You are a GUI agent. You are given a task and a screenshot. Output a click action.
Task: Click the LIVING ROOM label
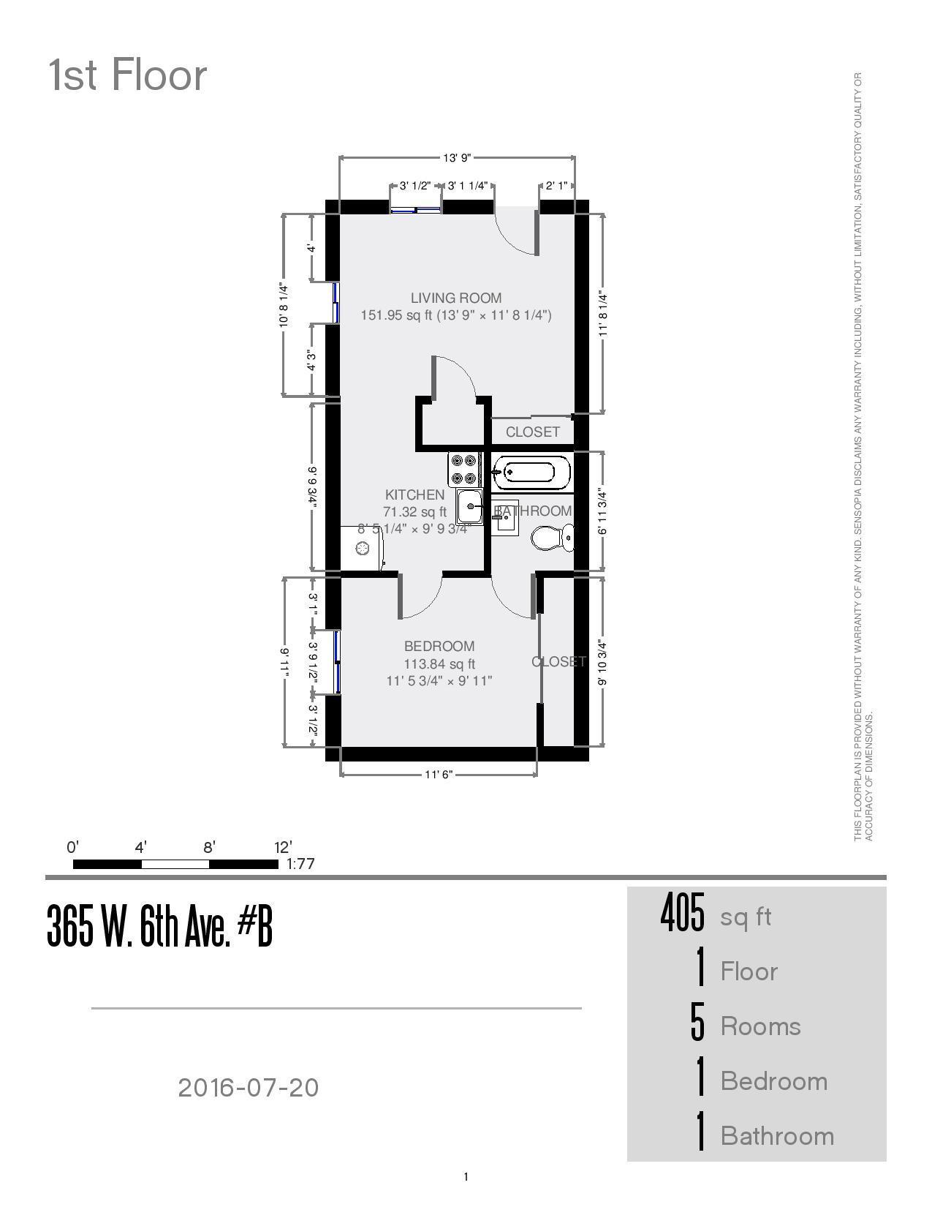[455, 298]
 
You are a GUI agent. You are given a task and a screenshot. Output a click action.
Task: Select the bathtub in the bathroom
[531, 473]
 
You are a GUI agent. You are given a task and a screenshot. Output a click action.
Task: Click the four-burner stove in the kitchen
[464, 470]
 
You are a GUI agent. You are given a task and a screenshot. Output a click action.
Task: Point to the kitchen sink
[470, 506]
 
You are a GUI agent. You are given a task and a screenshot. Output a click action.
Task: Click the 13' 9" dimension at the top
[457, 158]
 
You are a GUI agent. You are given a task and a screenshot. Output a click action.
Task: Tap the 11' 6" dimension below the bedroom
[439, 775]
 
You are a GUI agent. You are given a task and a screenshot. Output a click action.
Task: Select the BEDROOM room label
[439, 647]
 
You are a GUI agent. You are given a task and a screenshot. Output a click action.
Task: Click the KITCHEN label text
[414, 495]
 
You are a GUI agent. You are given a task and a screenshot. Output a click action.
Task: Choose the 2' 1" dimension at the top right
[557, 186]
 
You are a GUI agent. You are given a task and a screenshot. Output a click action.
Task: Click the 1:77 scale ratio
[300, 864]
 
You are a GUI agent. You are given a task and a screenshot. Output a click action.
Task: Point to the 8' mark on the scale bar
[209, 848]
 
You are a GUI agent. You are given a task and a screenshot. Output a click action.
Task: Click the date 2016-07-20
[249, 1088]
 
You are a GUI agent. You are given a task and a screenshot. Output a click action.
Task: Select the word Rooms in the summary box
[760, 1026]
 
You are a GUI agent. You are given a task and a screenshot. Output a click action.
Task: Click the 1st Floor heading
[128, 75]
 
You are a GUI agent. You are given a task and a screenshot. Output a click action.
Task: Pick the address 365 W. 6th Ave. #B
[159, 926]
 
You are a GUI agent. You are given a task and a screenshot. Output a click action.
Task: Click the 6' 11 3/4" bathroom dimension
[602, 512]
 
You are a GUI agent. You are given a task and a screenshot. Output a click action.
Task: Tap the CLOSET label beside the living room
[532, 432]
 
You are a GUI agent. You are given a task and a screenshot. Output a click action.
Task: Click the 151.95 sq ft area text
[397, 316]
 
